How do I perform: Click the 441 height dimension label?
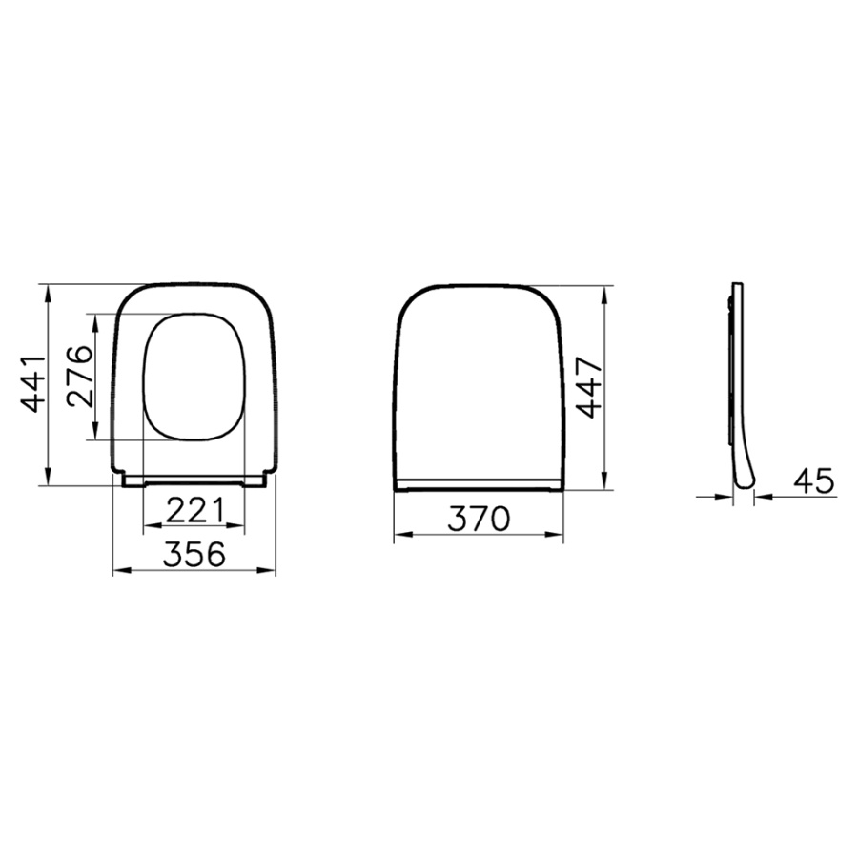click(x=32, y=384)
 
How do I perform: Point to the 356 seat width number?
click(x=194, y=554)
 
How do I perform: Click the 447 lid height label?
click(x=589, y=387)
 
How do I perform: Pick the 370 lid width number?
click(x=479, y=519)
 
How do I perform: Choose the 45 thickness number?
click(x=814, y=481)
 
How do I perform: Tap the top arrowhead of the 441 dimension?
click(x=49, y=293)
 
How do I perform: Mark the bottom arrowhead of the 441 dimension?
click(x=49, y=476)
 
